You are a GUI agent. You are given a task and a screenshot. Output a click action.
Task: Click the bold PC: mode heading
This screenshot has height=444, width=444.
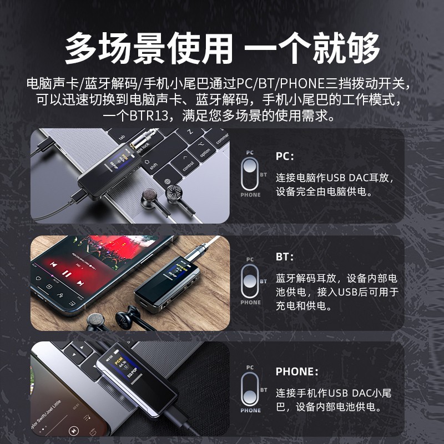(285, 157)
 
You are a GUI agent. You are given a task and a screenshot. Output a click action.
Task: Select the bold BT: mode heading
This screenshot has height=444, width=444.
(285, 258)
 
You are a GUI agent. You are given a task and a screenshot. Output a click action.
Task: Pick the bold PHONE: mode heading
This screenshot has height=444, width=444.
(297, 371)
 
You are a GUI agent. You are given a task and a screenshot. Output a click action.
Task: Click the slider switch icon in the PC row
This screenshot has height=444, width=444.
(250, 173)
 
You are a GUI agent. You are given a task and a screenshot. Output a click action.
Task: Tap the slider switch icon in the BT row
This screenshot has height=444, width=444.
(250, 281)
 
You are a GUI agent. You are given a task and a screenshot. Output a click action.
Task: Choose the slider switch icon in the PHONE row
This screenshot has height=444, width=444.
(250, 389)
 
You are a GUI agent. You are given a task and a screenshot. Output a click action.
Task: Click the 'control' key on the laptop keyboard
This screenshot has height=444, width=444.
(188, 165)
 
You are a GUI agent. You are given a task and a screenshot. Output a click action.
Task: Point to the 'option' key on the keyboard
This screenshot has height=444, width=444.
(205, 152)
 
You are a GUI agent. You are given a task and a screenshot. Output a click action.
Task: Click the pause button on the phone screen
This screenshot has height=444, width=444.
(66, 274)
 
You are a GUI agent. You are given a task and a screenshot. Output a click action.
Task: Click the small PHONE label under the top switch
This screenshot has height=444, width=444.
(250, 195)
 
